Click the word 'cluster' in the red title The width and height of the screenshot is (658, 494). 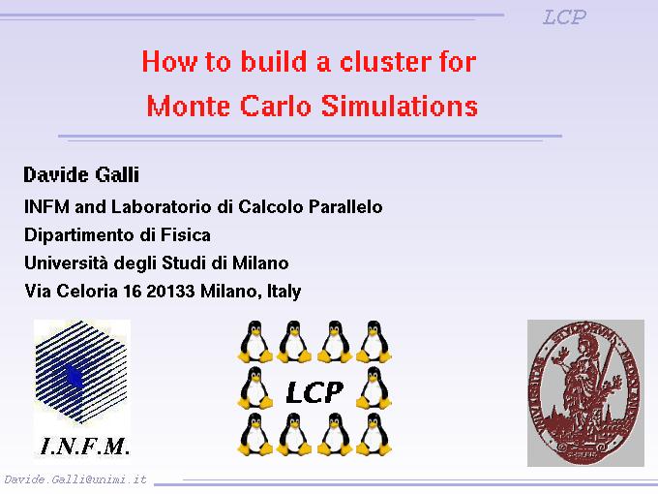[385, 62]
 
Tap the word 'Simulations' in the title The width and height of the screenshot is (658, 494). [400, 106]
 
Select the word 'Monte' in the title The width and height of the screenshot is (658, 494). [189, 106]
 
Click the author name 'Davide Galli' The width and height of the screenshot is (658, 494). [81, 174]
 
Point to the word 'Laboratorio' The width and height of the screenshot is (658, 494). [162, 206]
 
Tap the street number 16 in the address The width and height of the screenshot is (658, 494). [133, 292]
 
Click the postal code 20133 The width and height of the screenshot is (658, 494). [171, 292]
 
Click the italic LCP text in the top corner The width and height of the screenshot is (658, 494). [564, 17]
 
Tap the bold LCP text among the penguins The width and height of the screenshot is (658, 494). [314, 392]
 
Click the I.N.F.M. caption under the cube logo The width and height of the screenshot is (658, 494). [84, 447]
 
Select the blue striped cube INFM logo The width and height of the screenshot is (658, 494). [81, 372]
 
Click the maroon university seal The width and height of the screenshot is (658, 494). [585, 392]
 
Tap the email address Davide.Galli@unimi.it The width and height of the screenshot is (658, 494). [75, 479]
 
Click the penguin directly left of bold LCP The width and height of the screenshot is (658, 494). [254, 387]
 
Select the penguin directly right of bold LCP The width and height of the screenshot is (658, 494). [374, 387]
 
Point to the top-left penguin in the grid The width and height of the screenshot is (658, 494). [254, 342]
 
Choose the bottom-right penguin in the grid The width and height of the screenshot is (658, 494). [374, 434]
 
